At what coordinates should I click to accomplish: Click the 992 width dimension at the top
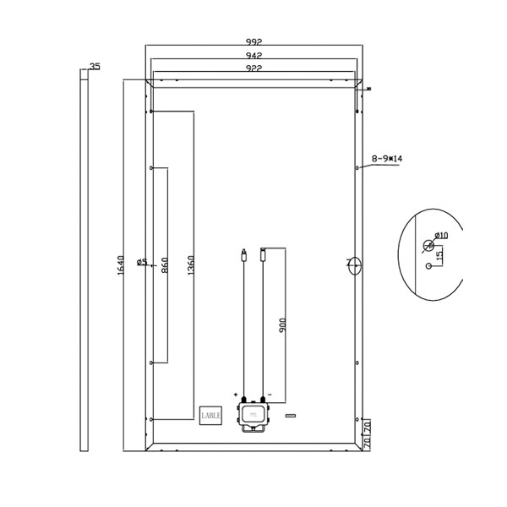(x=253, y=41)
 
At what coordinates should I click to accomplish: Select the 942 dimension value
(x=253, y=55)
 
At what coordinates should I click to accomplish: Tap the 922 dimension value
(x=253, y=68)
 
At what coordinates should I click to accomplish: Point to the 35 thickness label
(x=95, y=66)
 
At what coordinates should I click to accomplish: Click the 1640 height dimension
(x=120, y=265)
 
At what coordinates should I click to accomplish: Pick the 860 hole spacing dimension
(x=165, y=265)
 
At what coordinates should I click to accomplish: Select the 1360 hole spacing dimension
(x=191, y=265)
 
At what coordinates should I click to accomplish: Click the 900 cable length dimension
(x=282, y=325)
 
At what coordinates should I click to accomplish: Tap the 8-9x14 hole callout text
(x=387, y=159)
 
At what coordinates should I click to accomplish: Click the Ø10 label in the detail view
(x=442, y=235)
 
